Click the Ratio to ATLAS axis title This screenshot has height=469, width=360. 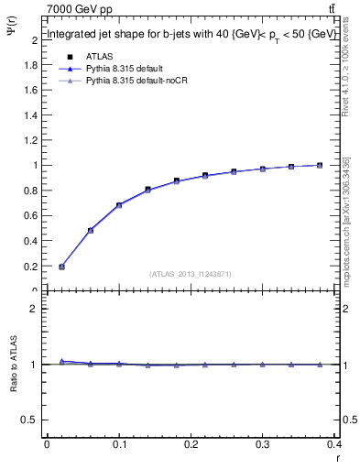point(14,393)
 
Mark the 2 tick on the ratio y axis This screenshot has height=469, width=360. point(33,309)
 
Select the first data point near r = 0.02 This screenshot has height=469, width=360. point(61,267)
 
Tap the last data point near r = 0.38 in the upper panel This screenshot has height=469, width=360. point(319,165)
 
